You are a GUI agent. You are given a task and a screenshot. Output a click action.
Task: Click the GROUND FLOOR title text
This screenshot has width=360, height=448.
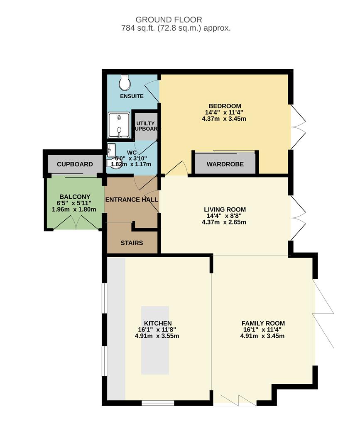coord(169,19)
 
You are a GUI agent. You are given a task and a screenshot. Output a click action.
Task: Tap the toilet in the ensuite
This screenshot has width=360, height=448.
coord(124,83)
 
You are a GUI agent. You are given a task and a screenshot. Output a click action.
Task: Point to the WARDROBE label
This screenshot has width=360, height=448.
coord(225,164)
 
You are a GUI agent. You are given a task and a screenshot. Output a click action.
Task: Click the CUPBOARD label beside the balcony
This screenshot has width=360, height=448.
coord(75,164)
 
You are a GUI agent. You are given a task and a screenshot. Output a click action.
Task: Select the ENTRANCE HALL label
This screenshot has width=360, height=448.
coord(131,200)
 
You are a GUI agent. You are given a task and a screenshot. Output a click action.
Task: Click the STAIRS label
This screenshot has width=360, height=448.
coord(132,243)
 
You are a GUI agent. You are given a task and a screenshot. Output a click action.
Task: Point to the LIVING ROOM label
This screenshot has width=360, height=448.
coord(225,209)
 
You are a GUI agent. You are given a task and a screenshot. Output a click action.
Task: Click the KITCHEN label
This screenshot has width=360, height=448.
coord(158,323)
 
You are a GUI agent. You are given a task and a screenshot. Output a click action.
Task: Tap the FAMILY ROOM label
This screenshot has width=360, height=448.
coord(263,323)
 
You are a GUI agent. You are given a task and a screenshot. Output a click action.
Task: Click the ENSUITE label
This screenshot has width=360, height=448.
coord(132,96)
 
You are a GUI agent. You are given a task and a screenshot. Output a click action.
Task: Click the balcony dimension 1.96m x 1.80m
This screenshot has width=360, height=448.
coord(74,209)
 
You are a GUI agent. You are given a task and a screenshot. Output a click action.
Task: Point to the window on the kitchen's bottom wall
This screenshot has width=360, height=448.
coord(158,402)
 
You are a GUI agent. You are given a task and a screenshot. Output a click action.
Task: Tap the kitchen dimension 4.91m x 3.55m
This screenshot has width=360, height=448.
coord(157,336)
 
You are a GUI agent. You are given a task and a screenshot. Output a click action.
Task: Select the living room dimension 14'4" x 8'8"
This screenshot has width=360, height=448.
coord(225,216)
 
